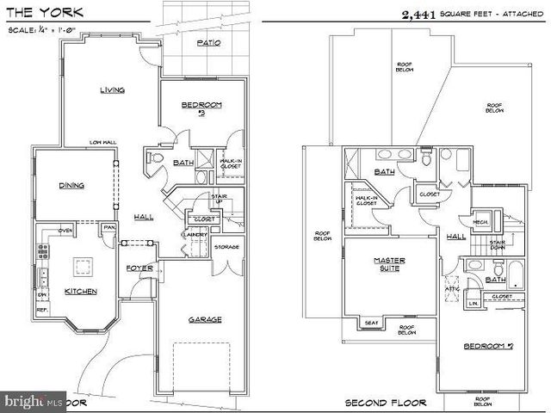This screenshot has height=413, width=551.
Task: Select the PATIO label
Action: (207, 42)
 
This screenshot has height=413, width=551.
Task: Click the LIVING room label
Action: (113, 89)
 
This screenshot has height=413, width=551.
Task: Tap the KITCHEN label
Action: (81, 291)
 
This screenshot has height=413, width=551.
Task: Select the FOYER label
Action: (139, 268)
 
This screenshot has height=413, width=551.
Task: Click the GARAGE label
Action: (205, 319)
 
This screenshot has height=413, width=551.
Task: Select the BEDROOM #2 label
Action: (201, 108)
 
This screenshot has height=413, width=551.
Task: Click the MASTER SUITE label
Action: (389, 264)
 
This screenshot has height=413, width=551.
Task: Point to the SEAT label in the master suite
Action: (372, 323)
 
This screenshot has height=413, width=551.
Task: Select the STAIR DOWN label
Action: (497, 246)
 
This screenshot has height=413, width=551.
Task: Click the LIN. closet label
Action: (473, 303)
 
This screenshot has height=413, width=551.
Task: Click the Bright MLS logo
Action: (34, 401)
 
